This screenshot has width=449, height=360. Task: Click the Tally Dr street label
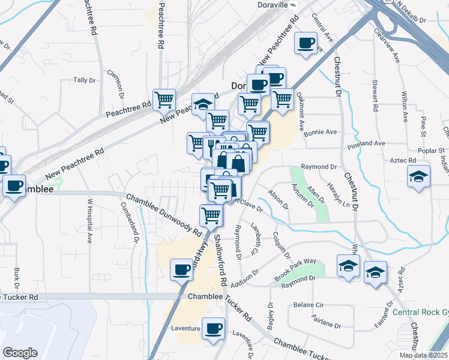84,80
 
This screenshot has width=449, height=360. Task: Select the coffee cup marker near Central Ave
306,43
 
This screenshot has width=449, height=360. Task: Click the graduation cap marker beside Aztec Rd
418,176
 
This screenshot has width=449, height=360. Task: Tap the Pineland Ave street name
366,143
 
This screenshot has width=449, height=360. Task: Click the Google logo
20,353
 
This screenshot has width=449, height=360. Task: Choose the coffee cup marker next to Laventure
212,328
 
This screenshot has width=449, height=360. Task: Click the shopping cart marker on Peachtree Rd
164,100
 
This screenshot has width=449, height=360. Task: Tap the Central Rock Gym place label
420,313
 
